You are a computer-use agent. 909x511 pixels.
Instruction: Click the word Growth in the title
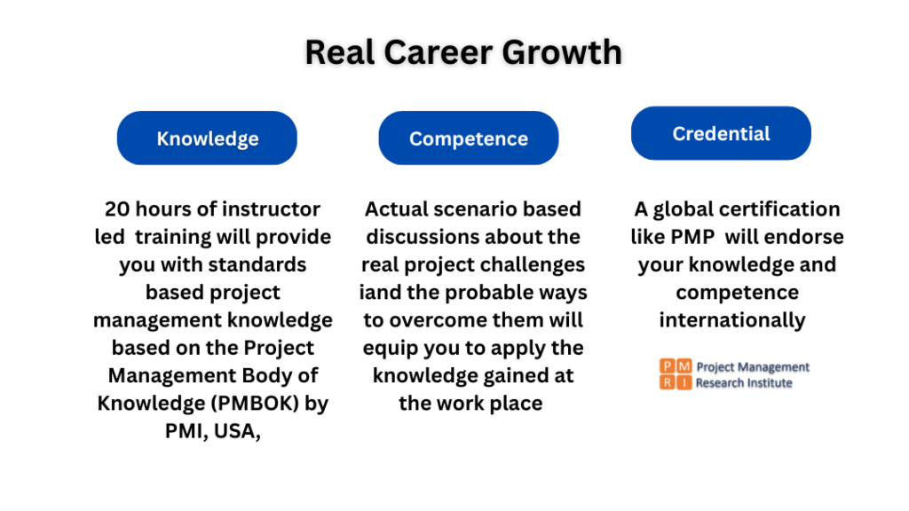point(562,53)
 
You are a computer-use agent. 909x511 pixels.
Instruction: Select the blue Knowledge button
point(207,138)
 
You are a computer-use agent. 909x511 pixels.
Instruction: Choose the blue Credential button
point(721,133)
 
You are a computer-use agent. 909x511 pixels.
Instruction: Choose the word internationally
point(732,320)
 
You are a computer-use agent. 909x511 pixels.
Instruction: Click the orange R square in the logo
point(668,382)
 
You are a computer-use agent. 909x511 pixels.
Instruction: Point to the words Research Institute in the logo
point(744,383)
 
